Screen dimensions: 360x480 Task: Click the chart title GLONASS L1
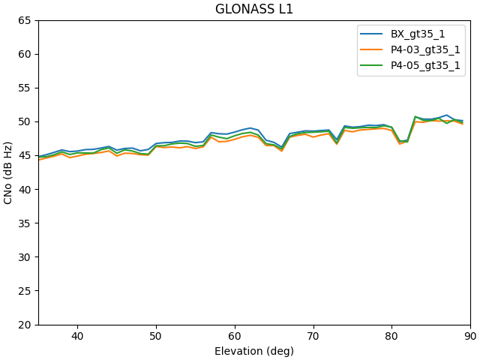click(254, 10)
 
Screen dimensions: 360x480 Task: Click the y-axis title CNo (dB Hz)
click(8, 172)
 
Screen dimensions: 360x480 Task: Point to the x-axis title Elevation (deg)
click(254, 351)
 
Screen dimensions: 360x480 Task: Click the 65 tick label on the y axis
click(25, 20)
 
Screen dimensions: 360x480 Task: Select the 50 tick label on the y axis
click(25, 121)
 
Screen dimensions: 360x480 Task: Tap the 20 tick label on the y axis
click(25, 325)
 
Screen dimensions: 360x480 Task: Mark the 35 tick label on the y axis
click(25, 223)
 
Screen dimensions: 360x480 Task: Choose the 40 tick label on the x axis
click(77, 337)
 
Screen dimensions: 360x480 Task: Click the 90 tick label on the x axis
click(470, 337)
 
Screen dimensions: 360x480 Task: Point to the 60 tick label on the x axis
click(235, 337)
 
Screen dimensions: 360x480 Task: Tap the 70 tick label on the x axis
click(313, 337)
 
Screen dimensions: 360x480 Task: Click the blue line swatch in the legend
click(373, 34)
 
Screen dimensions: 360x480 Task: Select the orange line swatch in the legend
click(373, 49)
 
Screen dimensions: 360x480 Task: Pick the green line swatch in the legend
click(373, 65)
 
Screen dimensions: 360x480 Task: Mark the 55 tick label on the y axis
click(25, 88)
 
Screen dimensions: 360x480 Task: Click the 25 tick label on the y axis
click(25, 291)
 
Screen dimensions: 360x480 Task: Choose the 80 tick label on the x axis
click(391, 337)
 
